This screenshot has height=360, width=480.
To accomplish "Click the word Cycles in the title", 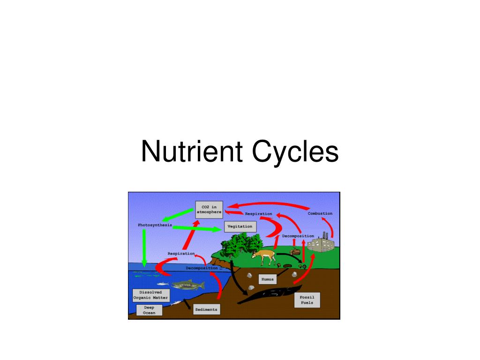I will coord(295,152).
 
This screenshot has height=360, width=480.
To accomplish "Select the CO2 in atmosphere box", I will coord(209,209).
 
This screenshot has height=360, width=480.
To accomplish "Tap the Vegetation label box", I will coord(240,226).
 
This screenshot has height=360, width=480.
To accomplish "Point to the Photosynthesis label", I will coord(155,225).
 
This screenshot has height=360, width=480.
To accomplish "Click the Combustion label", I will coord(320,214).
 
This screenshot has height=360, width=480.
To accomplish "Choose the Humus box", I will coord(267,279).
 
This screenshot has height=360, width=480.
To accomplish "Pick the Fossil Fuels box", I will coord(307,300).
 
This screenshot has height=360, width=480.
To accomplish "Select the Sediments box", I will coord(206,310).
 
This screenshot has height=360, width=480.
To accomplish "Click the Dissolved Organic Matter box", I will coord(150,295).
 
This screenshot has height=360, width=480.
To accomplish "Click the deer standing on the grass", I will coord(264,256).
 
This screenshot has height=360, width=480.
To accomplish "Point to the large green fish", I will coord(187,285).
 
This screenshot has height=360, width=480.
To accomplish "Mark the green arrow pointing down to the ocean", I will coord(144,248).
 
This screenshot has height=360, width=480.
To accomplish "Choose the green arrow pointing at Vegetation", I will coord(197,228).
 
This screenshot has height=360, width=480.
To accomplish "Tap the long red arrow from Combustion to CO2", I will coord(272,204).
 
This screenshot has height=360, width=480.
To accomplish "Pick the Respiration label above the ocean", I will coord(181,254).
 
